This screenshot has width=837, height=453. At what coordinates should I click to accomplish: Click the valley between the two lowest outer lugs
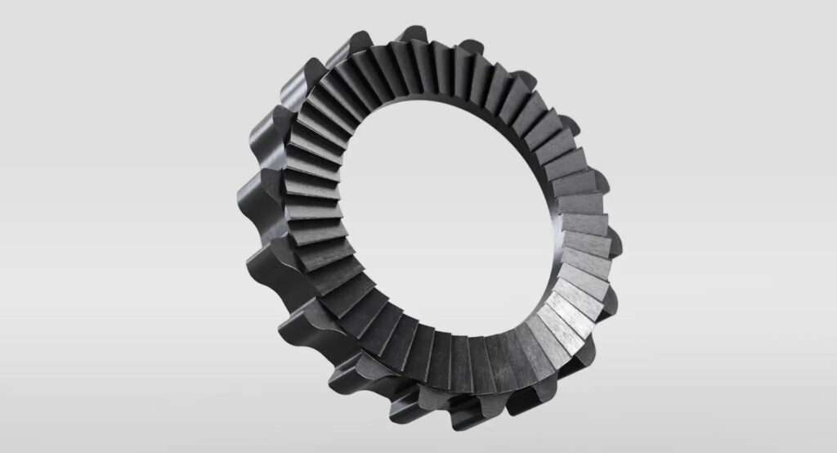[445, 409]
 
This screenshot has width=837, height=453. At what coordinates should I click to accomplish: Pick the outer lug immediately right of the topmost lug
[469, 46]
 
